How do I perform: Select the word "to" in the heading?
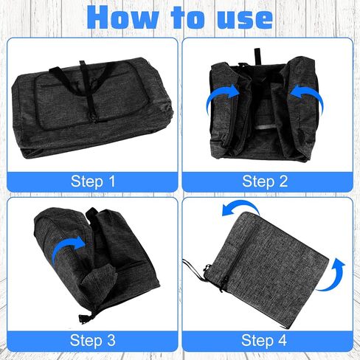click(188, 17)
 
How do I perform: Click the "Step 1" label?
click(93, 181)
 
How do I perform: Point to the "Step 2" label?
click(265, 181)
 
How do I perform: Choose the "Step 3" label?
click(92, 340)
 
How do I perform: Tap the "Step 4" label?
click(264, 340)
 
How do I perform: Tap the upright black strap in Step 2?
click(257, 56)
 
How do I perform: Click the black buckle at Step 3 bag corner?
click(83, 319)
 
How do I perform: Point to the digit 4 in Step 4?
click(282, 340)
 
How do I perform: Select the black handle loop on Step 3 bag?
click(91, 213)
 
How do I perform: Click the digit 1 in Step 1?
click(112, 181)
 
